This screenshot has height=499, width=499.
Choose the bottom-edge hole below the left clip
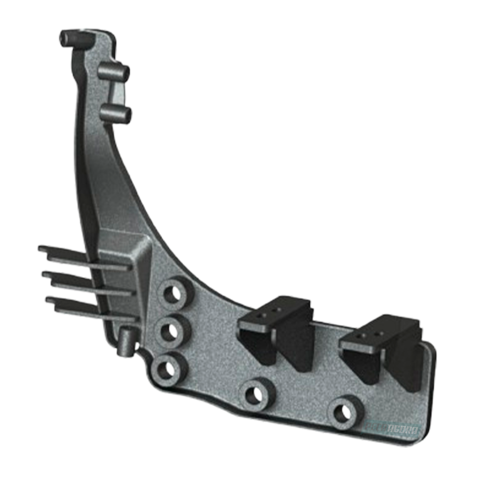tap(254, 395)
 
